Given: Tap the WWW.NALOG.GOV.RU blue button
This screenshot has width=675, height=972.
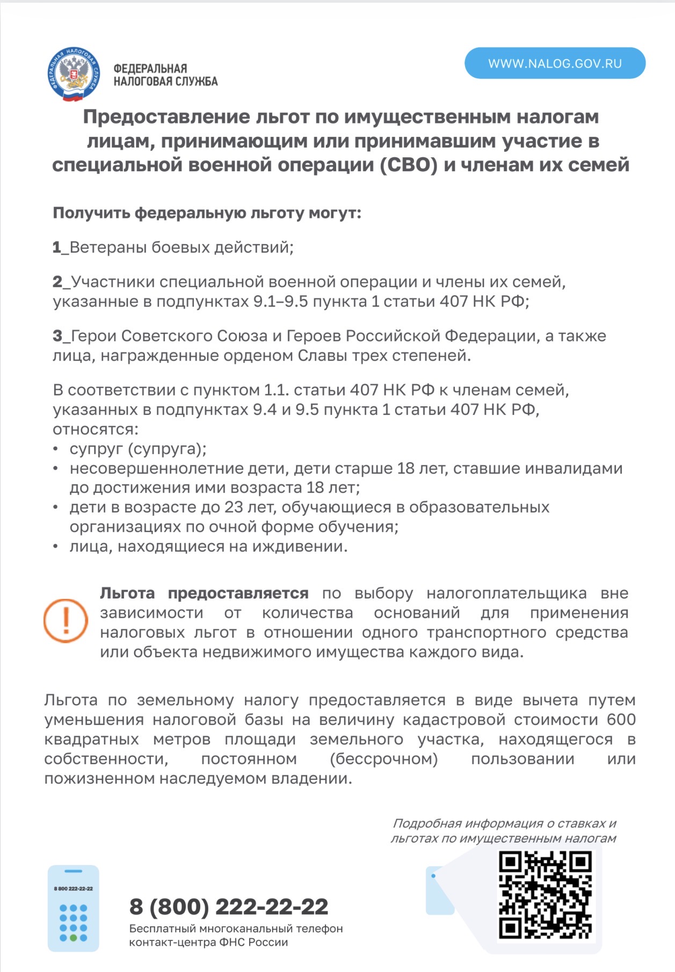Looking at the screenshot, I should click(x=555, y=63).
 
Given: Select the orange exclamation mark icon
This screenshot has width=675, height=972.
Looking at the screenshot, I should click(x=66, y=621).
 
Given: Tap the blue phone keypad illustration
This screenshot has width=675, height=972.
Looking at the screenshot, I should click(x=74, y=908).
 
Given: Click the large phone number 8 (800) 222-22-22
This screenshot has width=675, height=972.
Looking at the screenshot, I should click(x=229, y=907).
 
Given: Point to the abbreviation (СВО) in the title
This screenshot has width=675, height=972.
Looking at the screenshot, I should click(x=409, y=165).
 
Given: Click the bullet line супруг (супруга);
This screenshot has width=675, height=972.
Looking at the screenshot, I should click(x=138, y=449).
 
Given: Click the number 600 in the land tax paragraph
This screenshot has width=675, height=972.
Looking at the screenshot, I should click(x=621, y=719).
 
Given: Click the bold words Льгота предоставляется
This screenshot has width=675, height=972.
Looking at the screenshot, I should click(x=204, y=593).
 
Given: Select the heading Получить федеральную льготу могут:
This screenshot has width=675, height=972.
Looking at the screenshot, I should click(x=207, y=213).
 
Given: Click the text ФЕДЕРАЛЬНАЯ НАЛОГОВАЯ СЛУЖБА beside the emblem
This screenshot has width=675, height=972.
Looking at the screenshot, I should click(x=165, y=75).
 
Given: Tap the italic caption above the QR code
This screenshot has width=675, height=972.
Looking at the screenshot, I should click(x=503, y=830).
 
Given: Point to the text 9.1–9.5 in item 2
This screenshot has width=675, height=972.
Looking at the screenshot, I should click(x=281, y=302).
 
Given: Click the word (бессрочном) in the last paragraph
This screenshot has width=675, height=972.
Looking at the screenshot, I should click(x=384, y=759).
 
